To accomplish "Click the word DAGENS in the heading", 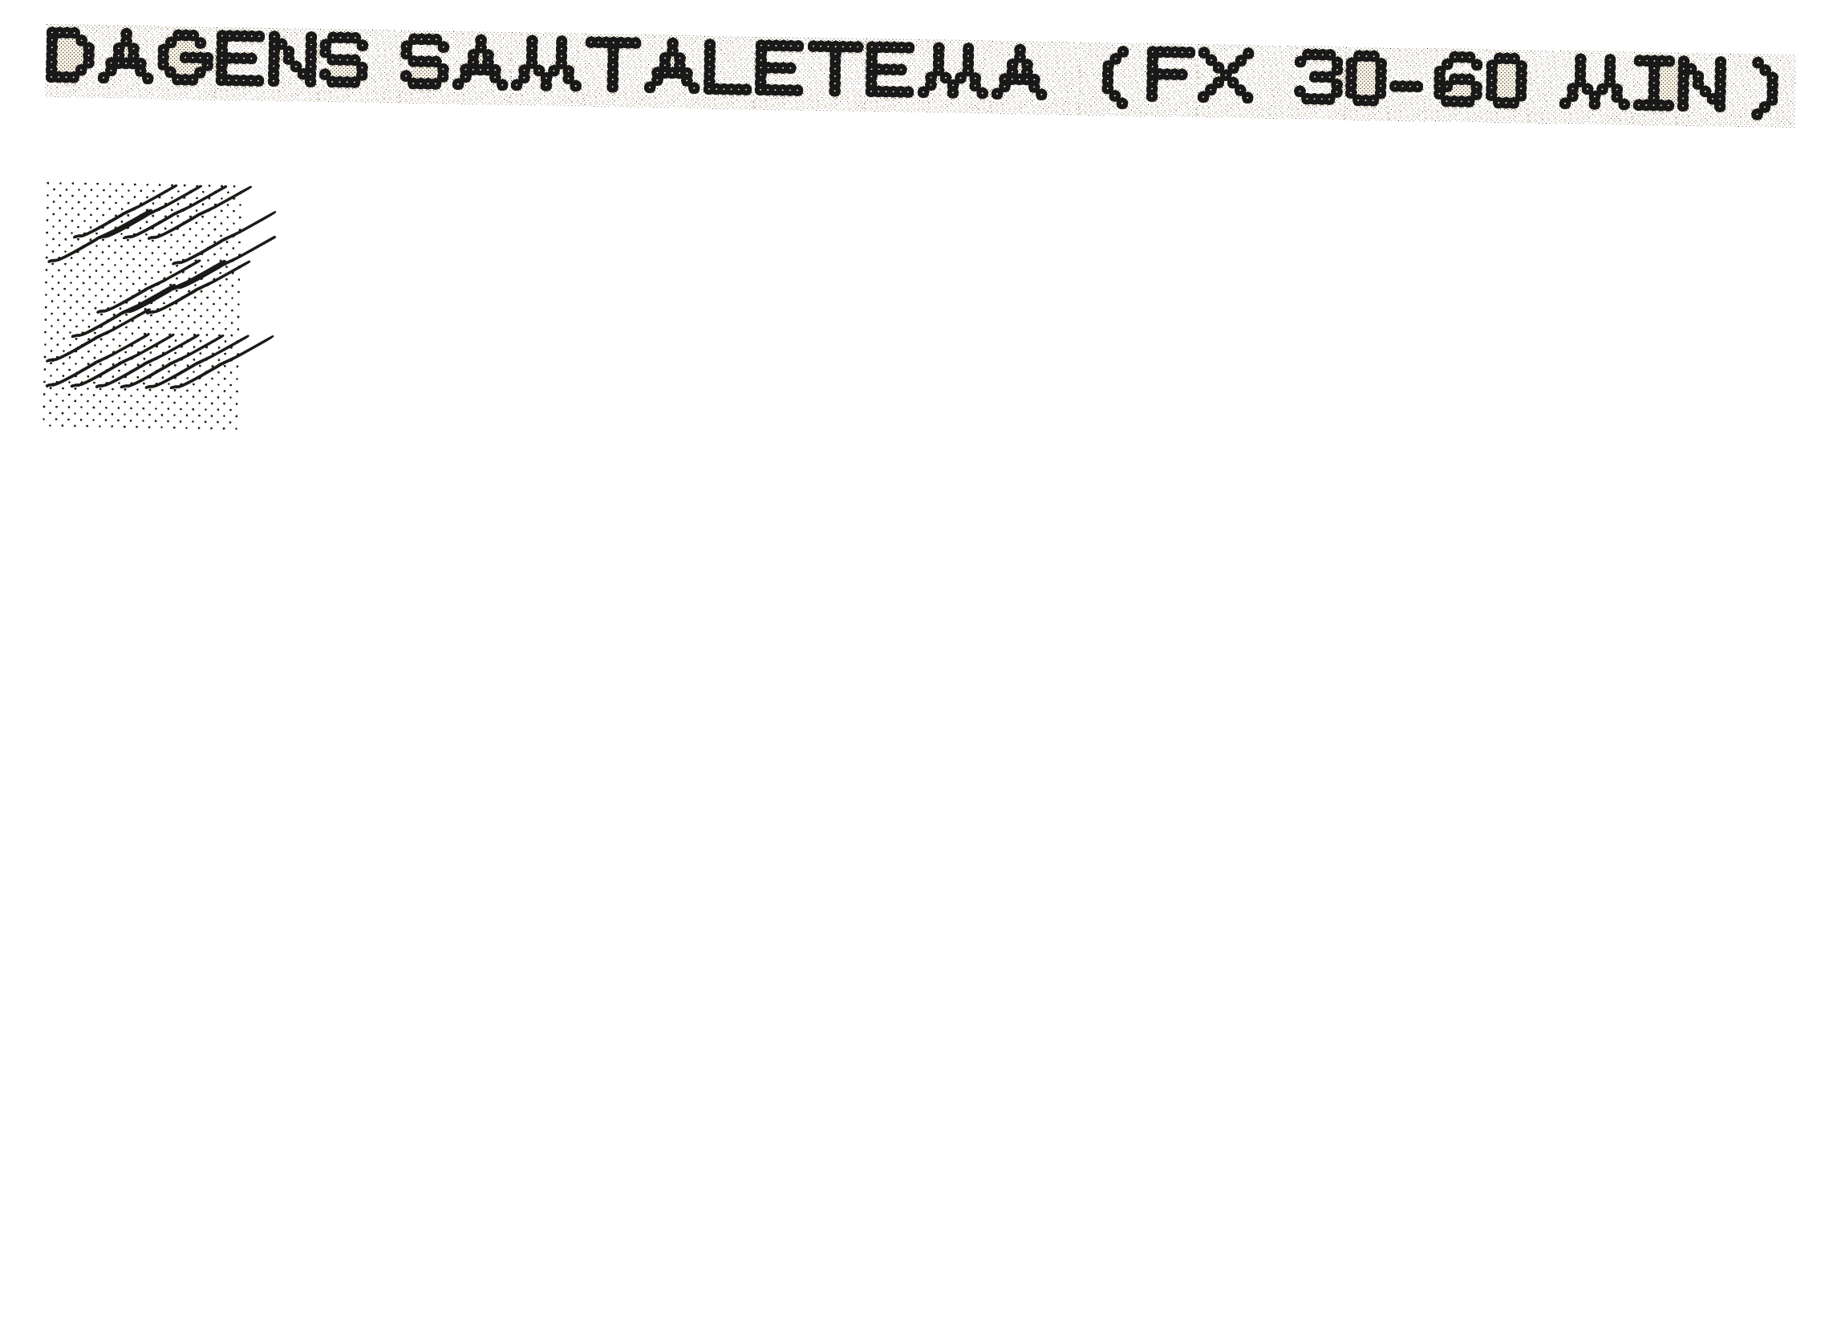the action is pyautogui.click(x=204, y=58).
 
